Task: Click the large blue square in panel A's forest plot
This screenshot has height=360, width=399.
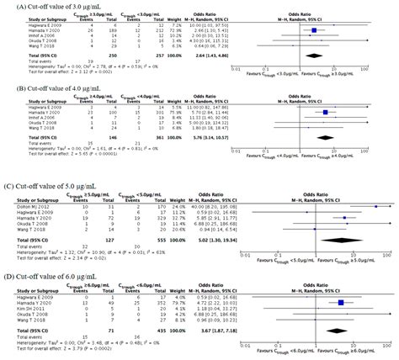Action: click(x=313, y=30)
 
